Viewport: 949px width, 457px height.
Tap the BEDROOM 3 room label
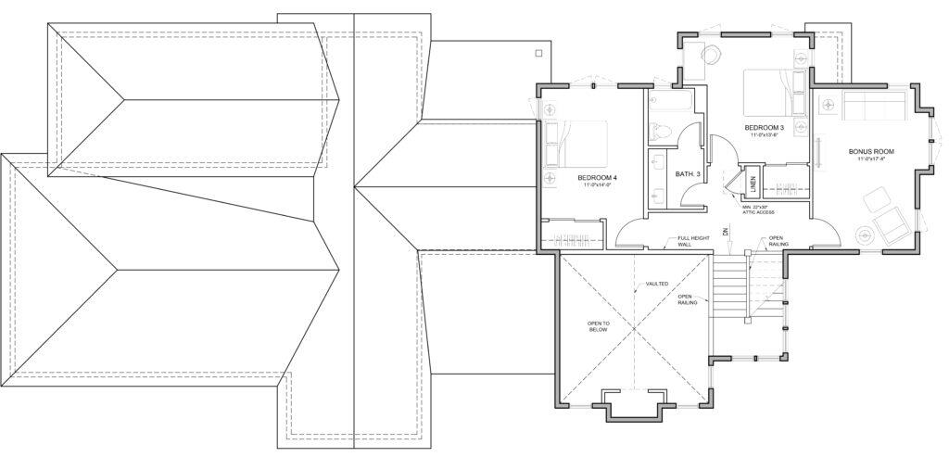coord(764,127)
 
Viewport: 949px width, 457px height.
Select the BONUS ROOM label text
coord(871,150)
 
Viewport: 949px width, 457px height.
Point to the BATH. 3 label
coord(687,173)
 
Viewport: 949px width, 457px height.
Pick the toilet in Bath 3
coord(658,133)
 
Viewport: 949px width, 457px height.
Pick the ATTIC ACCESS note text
coord(758,210)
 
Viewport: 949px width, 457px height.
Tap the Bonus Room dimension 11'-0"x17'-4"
coord(871,159)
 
